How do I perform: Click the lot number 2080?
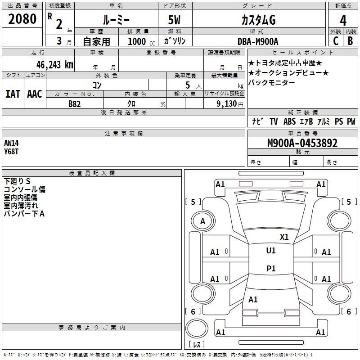(x=22, y=19)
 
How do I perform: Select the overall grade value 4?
(x=343, y=21)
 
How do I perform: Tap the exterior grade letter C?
(x=336, y=41)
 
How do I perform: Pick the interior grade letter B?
(x=350, y=41)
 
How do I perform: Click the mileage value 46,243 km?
(x=55, y=65)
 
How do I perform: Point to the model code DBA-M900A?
(x=258, y=41)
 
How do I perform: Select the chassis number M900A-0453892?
(x=302, y=143)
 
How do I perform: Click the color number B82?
(x=75, y=104)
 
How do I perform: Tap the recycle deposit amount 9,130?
(x=226, y=104)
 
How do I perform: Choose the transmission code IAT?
(x=13, y=94)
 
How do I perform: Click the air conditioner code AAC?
(x=35, y=94)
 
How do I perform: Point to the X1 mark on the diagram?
(x=284, y=237)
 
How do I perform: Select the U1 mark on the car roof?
(x=271, y=251)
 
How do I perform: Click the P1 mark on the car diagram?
(x=271, y=268)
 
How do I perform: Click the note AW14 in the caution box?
(x=11, y=143)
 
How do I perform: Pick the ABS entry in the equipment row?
(x=289, y=121)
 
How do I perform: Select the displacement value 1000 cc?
(x=141, y=41)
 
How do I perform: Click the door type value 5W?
(x=174, y=20)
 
